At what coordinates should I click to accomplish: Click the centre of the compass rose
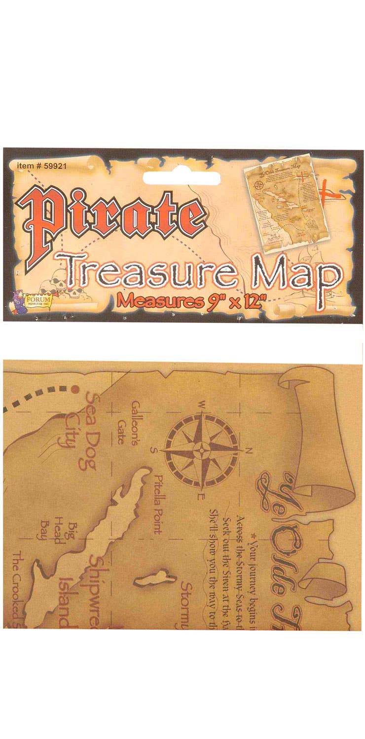(x=202, y=450)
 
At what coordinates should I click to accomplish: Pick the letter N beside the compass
(x=249, y=450)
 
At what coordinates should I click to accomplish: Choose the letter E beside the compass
(x=201, y=496)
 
